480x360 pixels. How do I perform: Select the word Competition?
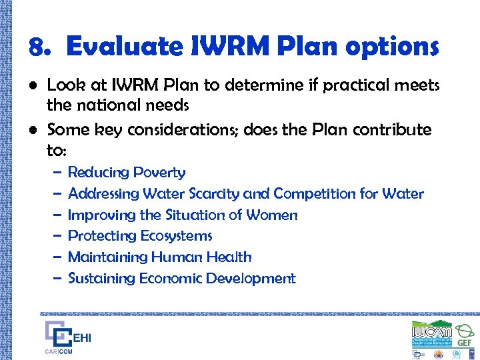pyautogui.click(x=313, y=194)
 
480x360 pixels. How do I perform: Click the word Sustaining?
pyautogui.click(x=101, y=279)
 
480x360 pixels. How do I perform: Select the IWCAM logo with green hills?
pyautogui.click(x=431, y=331)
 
